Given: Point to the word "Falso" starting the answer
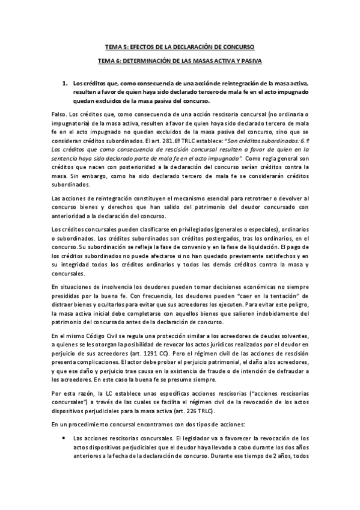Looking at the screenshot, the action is pyautogui.click(x=58, y=114).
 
